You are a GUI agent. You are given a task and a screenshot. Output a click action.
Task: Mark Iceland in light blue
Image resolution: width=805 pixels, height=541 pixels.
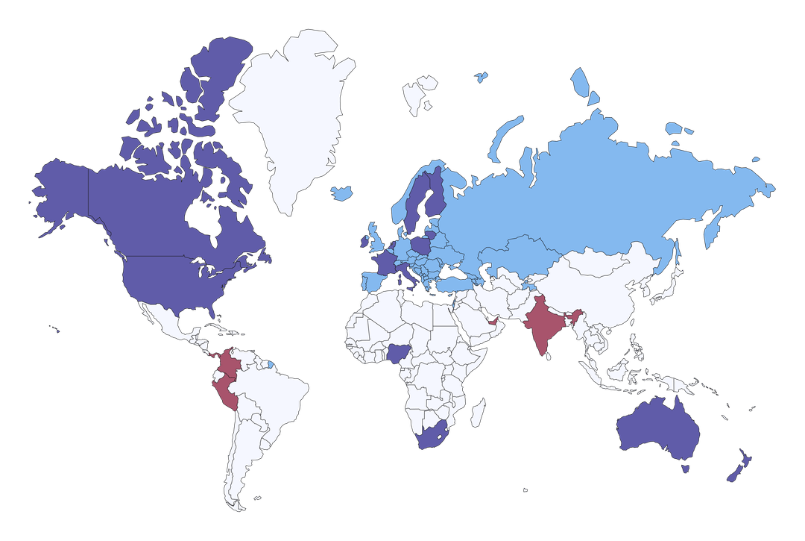(x=341, y=193)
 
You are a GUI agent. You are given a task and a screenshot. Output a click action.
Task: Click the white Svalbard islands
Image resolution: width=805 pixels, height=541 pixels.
(x=417, y=93)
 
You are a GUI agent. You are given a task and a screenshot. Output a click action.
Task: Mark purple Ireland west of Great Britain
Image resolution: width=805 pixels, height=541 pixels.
(x=364, y=241)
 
